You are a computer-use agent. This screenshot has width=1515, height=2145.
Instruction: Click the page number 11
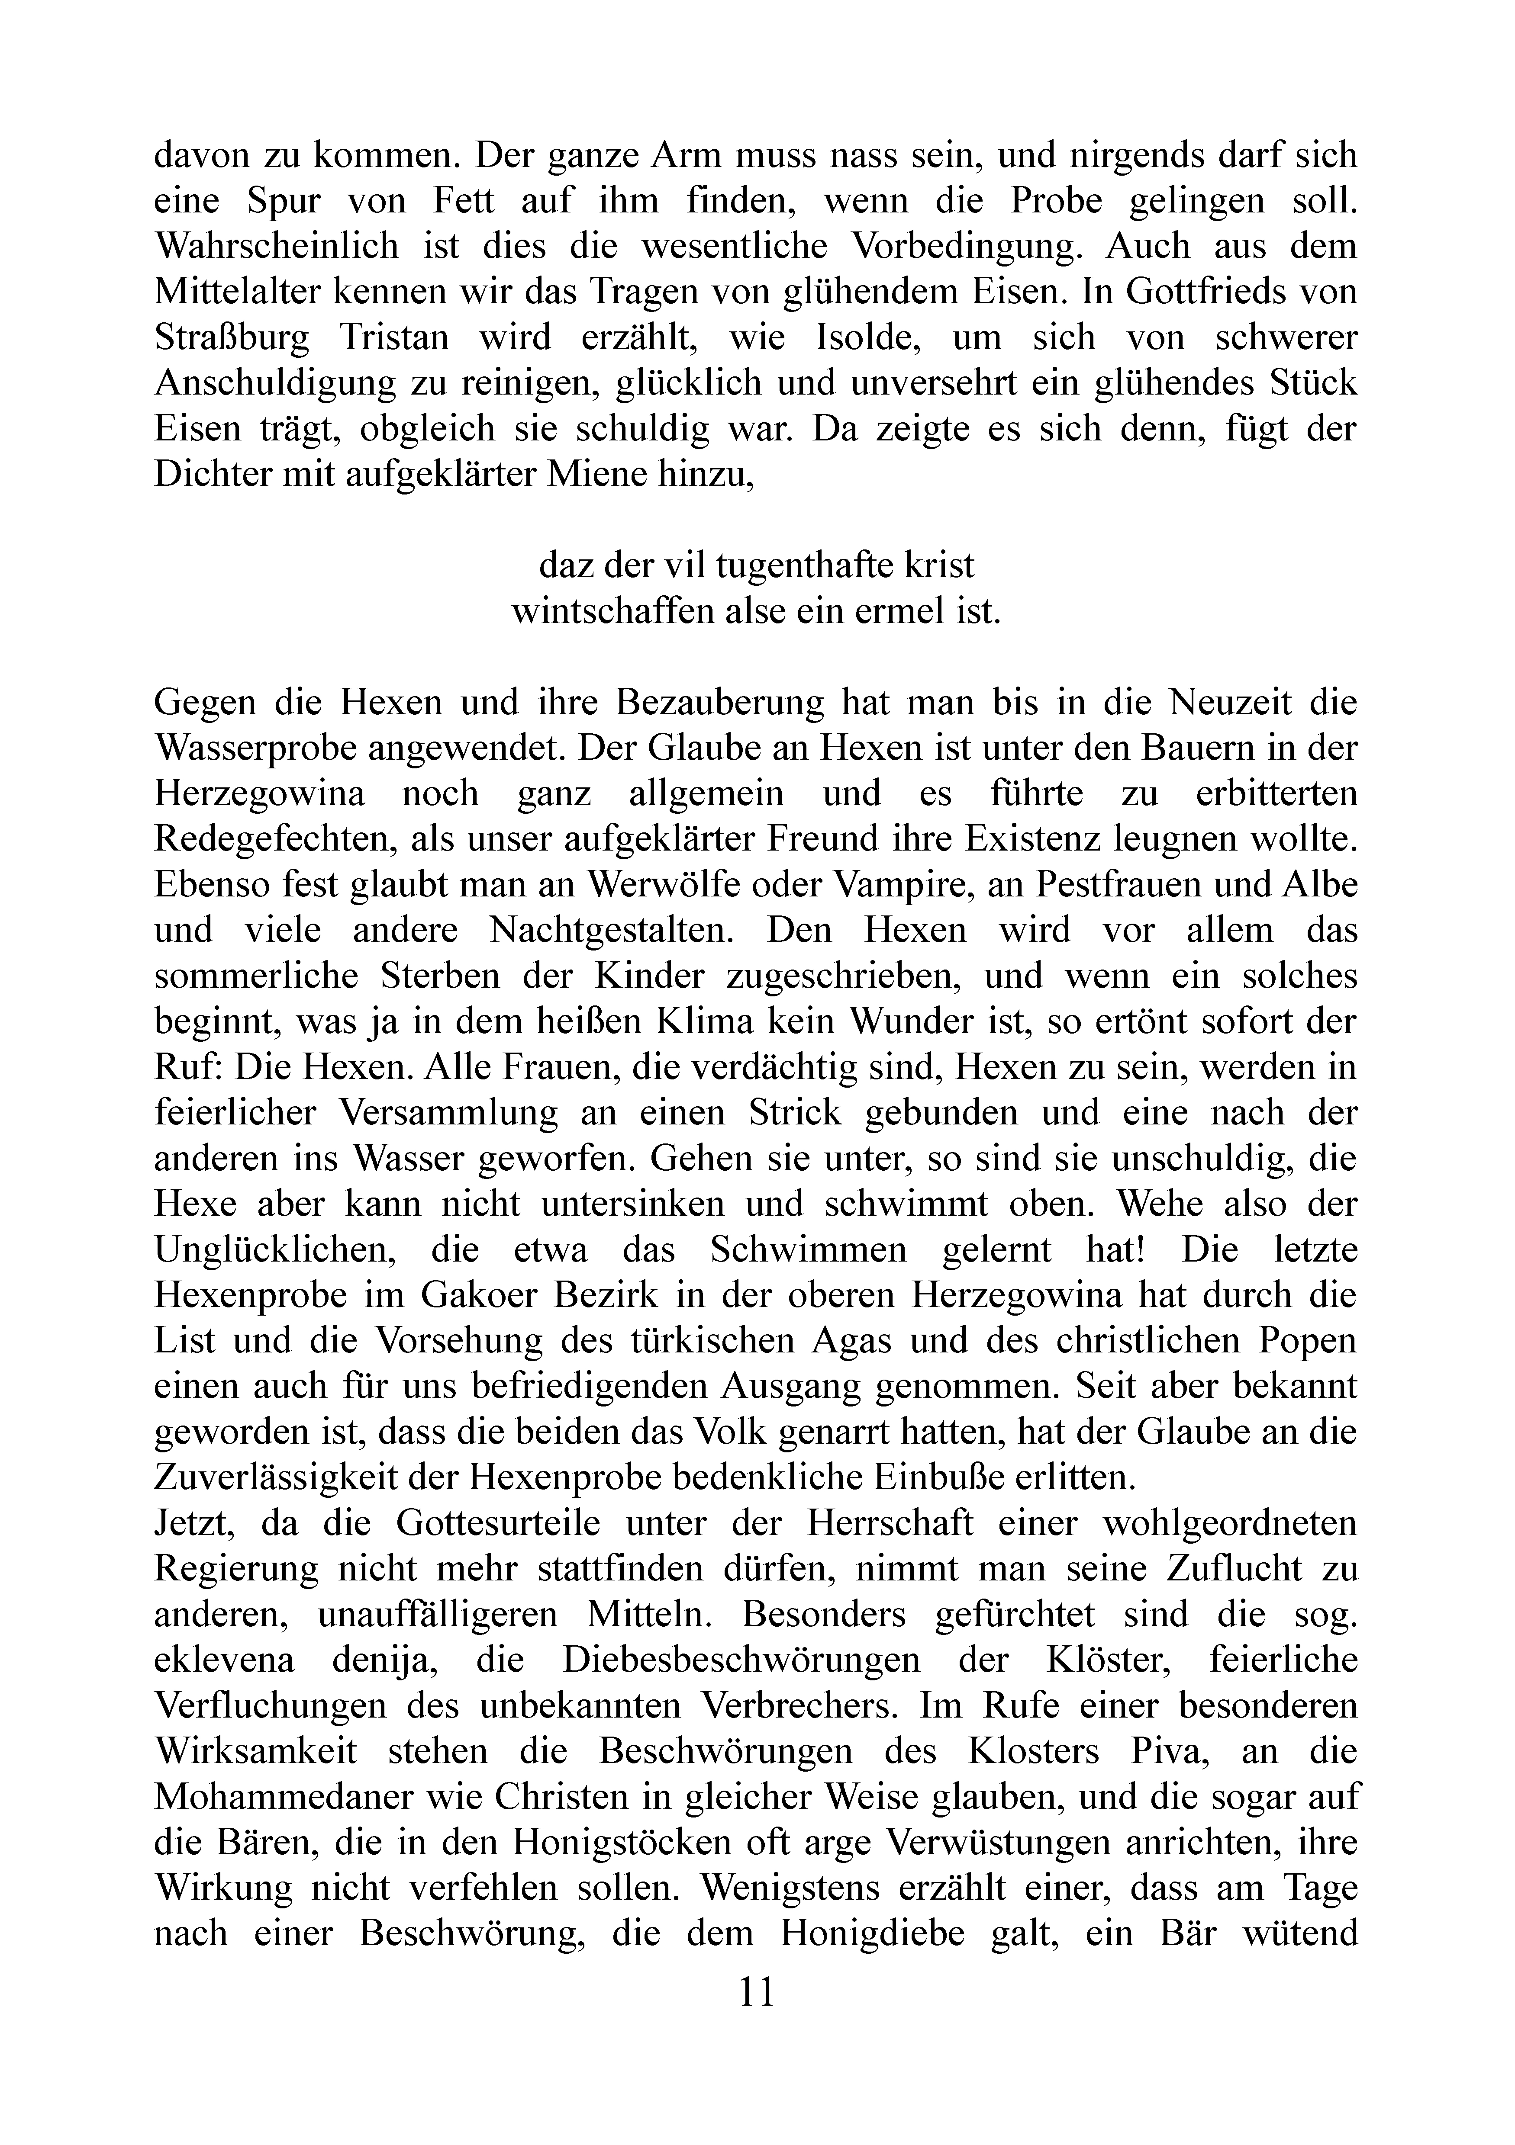(757, 1992)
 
